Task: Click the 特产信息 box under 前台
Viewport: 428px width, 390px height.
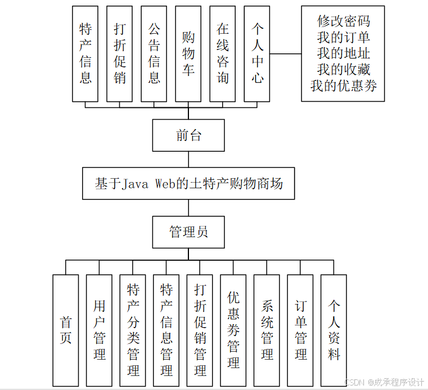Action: pyautogui.click(x=85, y=54)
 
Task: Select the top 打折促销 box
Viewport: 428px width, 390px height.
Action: pyautogui.click(x=120, y=54)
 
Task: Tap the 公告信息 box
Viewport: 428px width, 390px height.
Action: pyautogui.click(x=154, y=54)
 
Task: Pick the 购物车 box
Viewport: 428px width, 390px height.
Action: pyautogui.click(x=188, y=54)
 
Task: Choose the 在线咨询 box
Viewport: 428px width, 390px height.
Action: pyautogui.click(x=223, y=54)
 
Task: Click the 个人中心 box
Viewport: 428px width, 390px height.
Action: pyautogui.click(x=257, y=54)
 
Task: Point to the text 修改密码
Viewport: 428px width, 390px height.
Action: pyautogui.click(x=343, y=21)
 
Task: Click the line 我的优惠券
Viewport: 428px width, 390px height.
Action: pyautogui.click(x=343, y=86)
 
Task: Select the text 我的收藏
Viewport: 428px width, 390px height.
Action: pyautogui.click(x=343, y=70)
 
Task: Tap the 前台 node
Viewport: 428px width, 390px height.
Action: pyautogui.click(x=188, y=135)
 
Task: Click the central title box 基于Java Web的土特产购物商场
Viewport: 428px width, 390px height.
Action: pyautogui.click(x=188, y=183)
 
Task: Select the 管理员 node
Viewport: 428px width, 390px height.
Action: pyautogui.click(x=188, y=232)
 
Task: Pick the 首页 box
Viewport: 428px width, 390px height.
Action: pyautogui.click(x=66, y=330)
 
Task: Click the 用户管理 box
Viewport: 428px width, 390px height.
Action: pyautogui.click(x=99, y=330)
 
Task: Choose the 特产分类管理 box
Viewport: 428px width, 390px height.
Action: pyautogui.click(x=133, y=330)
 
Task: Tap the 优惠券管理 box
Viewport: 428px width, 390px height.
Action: pyautogui.click(x=233, y=330)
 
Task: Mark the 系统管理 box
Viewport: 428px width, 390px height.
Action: pyautogui.click(x=267, y=330)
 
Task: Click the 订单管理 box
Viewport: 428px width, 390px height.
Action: pyautogui.click(x=300, y=330)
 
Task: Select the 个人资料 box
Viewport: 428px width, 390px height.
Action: pyautogui.click(x=334, y=330)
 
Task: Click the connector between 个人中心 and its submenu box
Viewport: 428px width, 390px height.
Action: pyautogui.click(x=286, y=54)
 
